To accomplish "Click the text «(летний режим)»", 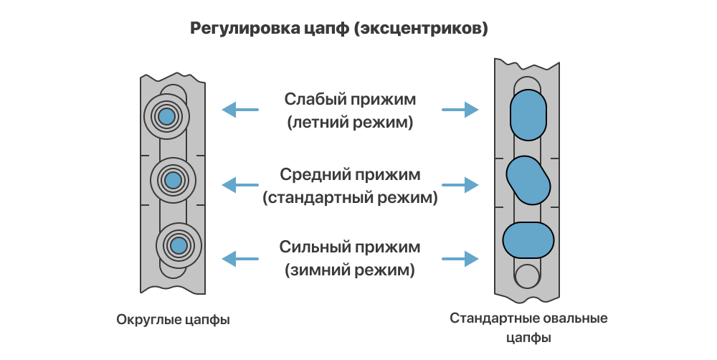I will (350, 122).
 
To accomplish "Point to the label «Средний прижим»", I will (350, 174).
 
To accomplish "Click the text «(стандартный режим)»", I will (350, 198).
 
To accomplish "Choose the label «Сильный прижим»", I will (350, 248).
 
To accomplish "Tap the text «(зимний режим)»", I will (350, 272).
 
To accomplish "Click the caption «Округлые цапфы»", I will (173, 319).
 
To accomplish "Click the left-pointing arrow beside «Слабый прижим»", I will (239, 110).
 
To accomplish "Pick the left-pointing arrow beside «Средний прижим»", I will (239, 185).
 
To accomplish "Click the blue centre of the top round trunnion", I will (166, 115).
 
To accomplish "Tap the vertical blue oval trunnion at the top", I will (528, 115).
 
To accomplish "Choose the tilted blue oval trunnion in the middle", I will (528, 179).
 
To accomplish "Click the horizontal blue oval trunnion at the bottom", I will (528, 240).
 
